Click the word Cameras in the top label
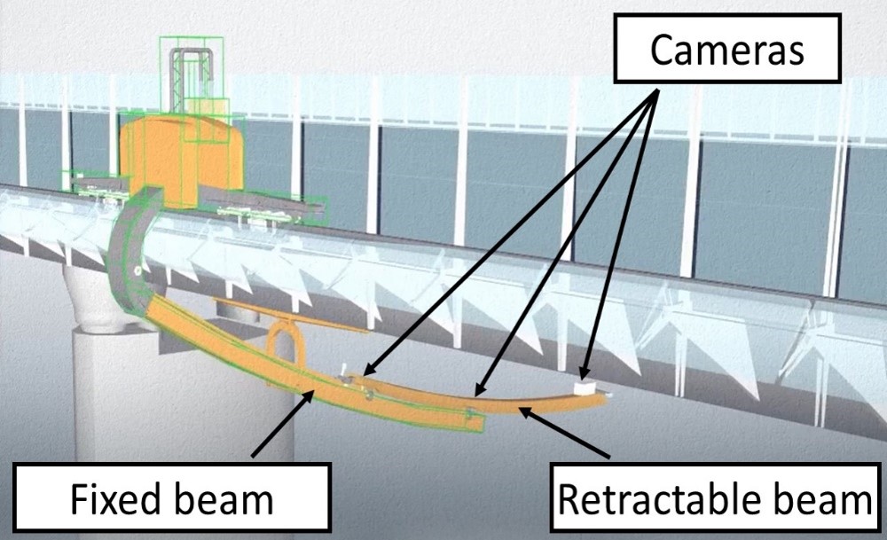click(x=726, y=50)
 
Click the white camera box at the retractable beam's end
click(x=585, y=387)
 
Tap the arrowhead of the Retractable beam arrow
click(x=522, y=411)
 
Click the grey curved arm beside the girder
click(x=124, y=257)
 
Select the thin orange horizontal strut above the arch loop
click(x=293, y=315)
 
